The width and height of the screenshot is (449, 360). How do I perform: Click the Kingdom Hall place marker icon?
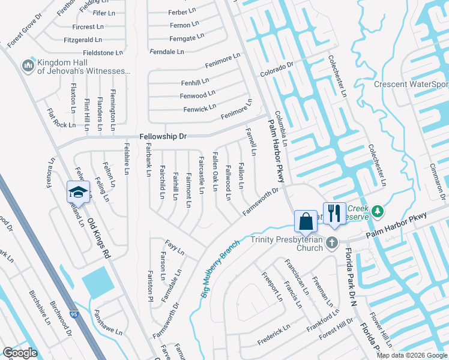pyautogui.click(x=28, y=65)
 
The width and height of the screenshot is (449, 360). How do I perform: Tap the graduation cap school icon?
pyautogui.click(x=78, y=192)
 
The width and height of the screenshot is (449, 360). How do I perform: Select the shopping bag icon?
pyautogui.click(x=306, y=220)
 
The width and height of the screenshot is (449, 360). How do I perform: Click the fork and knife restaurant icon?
pyautogui.click(x=334, y=212)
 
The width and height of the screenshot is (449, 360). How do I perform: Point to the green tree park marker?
pyautogui.click(x=378, y=211)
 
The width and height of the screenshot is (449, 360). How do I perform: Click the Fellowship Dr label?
pyautogui.click(x=163, y=136)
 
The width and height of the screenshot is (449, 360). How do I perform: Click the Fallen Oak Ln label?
pyautogui.click(x=214, y=172)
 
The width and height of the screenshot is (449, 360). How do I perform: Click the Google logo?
pyautogui.click(x=20, y=353)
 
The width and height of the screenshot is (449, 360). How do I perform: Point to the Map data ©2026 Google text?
pyautogui.click(x=411, y=355)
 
